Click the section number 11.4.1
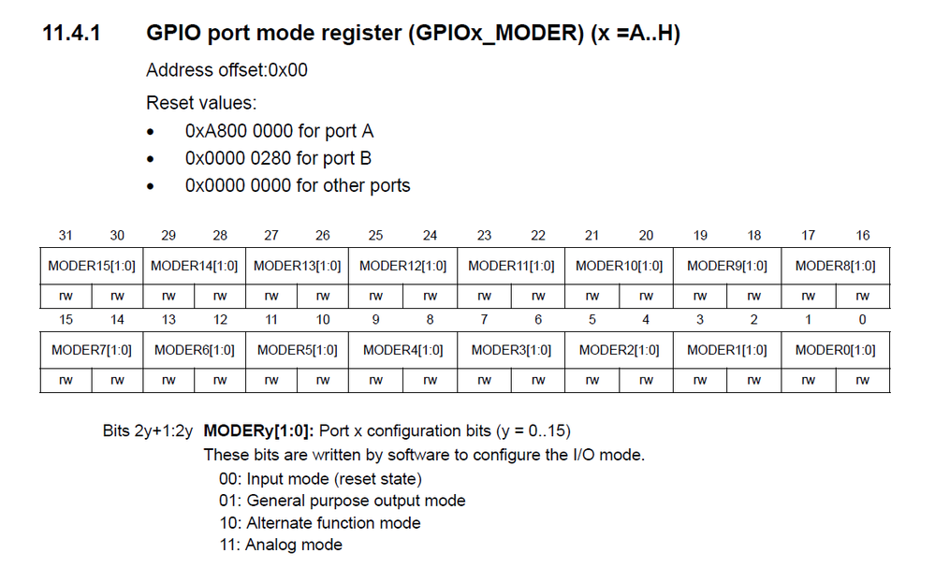(72, 34)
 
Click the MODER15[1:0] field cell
(92, 266)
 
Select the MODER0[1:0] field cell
(835, 350)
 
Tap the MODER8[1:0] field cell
(835, 266)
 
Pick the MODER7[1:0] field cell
(92, 350)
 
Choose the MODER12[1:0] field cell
(402, 266)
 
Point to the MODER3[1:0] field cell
(511, 350)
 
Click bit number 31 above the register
(65, 236)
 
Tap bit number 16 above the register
(862, 236)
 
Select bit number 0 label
(862, 320)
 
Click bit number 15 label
(65, 320)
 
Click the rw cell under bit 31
(65, 297)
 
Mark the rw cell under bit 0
(862, 381)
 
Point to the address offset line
(226, 70)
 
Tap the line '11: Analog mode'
(280, 545)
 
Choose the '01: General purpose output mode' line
(341, 501)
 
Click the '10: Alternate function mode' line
(319, 523)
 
